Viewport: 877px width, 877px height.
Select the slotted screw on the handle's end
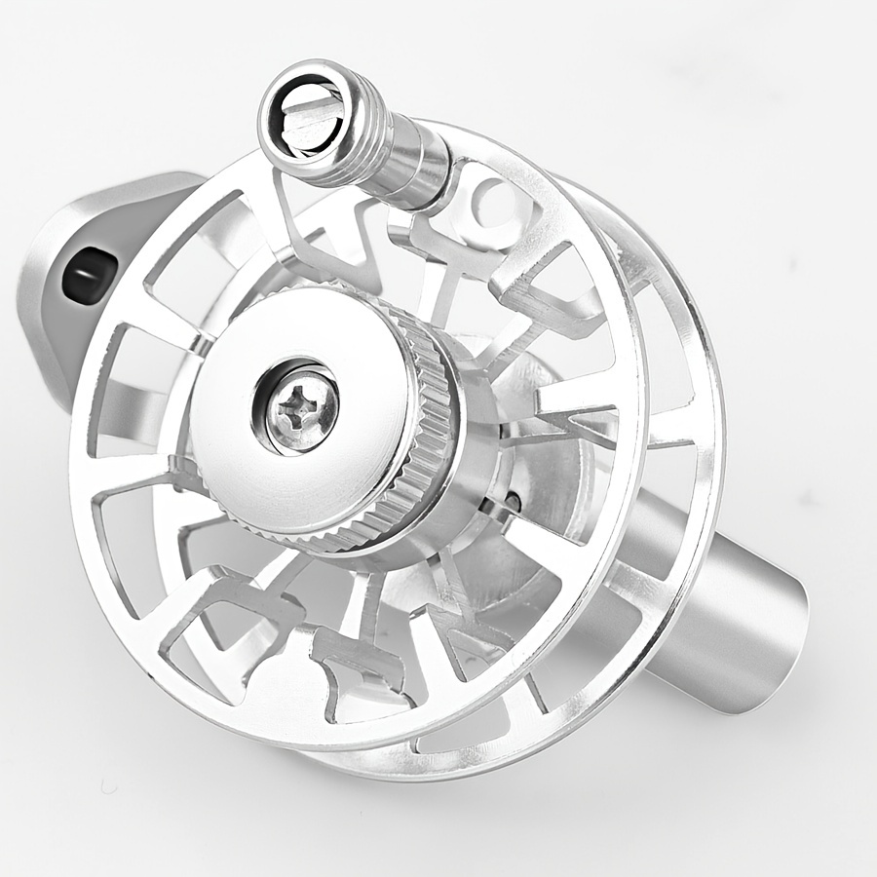pos(304,122)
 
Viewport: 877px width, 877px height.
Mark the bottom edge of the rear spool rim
pos(507,770)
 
